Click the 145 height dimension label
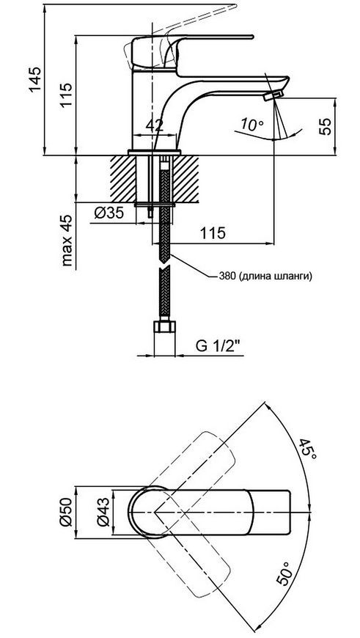point(35,79)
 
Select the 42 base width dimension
point(154,125)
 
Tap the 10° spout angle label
point(251,124)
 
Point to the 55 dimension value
point(326,126)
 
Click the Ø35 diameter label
point(109,213)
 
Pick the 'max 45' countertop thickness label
point(68,240)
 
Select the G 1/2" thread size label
point(218,346)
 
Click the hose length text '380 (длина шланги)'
point(265,276)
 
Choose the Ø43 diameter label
point(103,512)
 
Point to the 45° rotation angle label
point(308,449)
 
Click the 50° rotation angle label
point(285,573)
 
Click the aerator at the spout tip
point(273,96)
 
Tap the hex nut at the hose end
point(164,327)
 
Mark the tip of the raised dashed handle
point(235,6)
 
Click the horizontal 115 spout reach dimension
point(213,244)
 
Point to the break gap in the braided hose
point(164,264)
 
